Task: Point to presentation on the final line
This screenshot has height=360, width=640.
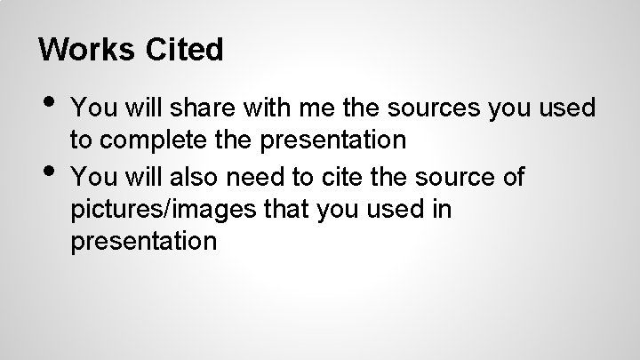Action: click(x=143, y=242)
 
